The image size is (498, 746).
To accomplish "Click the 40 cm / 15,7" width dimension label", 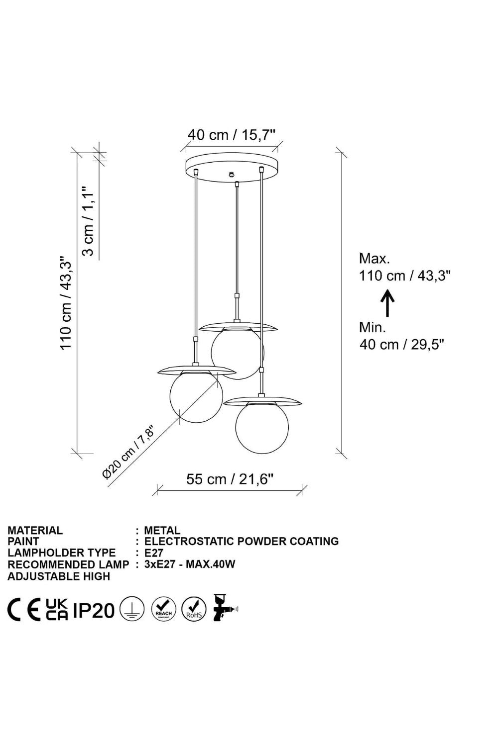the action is (x=232, y=135).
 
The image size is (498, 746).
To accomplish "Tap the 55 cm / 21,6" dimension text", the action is (x=230, y=479).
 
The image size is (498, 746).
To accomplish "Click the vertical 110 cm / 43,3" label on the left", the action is (x=66, y=303).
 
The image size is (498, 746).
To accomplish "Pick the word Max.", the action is (x=374, y=259).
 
